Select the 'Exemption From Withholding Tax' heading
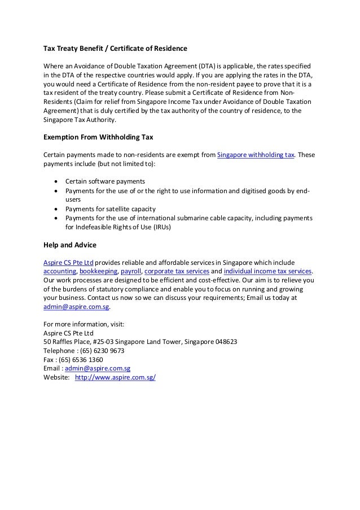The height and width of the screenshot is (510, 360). tap(99, 137)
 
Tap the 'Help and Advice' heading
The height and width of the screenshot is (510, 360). tap(70, 245)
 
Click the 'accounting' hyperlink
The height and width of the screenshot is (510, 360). tap(60, 271)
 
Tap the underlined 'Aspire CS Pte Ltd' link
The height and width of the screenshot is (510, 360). tap(68, 262)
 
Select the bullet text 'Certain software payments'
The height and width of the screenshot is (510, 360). tap(105, 181)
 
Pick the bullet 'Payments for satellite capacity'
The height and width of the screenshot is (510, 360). tap(112, 208)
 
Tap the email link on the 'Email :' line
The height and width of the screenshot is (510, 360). tap(96, 369)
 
